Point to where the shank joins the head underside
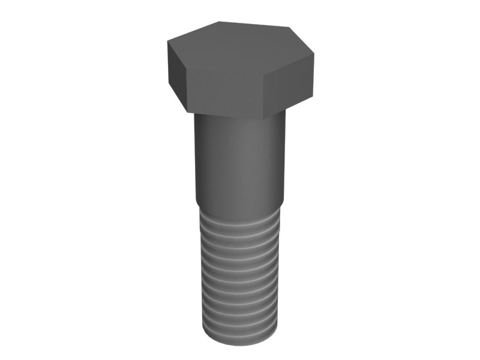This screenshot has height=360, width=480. point(239,118)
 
